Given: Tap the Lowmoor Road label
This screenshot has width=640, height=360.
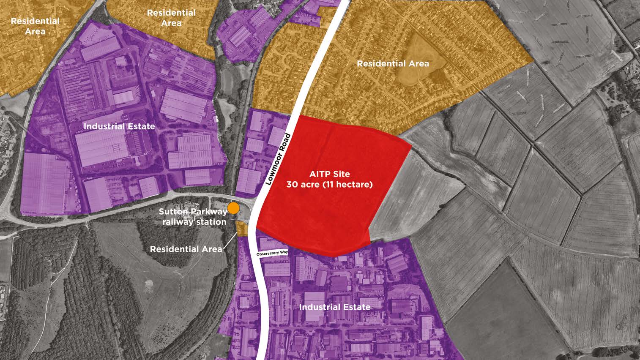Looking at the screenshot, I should pyautogui.click(x=277, y=159).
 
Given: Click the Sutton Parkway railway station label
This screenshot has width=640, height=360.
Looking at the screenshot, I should pyautogui.click(x=193, y=217).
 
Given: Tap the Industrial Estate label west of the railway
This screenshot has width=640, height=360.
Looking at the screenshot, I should pyautogui.click(x=119, y=126).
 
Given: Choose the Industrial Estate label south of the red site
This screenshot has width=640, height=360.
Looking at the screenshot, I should pyautogui.click(x=335, y=307).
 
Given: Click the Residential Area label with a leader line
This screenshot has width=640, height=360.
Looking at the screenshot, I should pyautogui.click(x=186, y=249).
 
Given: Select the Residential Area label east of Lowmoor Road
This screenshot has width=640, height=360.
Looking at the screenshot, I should pyautogui.click(x=393, y=64).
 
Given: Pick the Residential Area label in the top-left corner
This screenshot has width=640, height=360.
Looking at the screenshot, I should pyautogui.click(x=35, y=26).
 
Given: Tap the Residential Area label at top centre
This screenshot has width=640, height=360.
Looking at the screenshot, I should pyautogui.click(x=171, y=18).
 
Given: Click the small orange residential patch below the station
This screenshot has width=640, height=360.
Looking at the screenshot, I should pyautogui.click(x=242, y=229).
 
